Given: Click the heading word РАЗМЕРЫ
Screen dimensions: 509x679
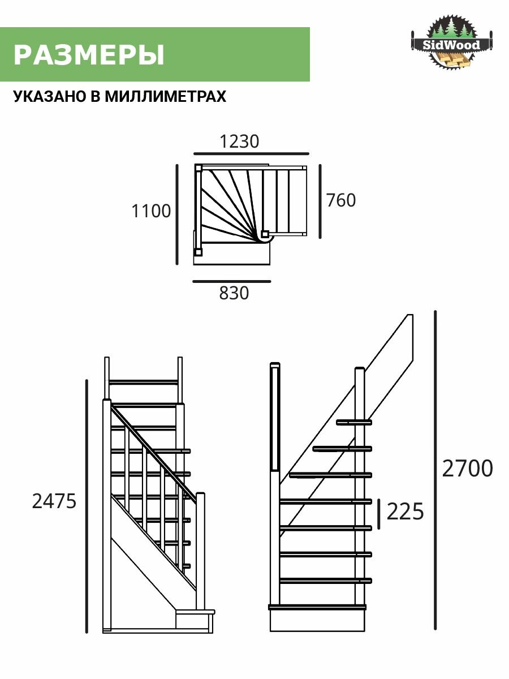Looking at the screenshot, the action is click(x=89, y=55).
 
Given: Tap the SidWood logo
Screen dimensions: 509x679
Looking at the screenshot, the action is click(x=452, y=44).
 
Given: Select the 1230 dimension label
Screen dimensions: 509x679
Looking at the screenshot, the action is click(x=239, y=141).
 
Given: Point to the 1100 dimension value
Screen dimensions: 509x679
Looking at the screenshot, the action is click(x=151, y=211).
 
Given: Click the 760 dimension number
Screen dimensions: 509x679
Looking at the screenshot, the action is click(x=341, y=200).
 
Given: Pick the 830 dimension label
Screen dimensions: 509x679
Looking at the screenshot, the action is click(x=234, y=293).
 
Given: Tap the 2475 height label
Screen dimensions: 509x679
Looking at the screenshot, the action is click(x=54, y=501).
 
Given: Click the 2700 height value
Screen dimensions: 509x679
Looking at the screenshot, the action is click(x=467, y=469).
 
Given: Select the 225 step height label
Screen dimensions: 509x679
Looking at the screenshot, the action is click(x=405, y=512).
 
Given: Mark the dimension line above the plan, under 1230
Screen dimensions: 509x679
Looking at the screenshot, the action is click(x=251, y=153).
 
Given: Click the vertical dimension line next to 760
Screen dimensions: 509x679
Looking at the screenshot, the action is click(x=321, y=201).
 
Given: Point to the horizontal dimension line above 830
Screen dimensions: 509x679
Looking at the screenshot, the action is click(x=231, y=281).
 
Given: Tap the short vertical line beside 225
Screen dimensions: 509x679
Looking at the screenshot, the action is click(x=379, y=514).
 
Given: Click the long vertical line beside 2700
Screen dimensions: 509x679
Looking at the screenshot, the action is click(x=435, y=470).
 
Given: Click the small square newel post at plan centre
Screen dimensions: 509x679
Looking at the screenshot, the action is click(x=264, y=233).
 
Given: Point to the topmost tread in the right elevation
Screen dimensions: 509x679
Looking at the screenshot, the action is click(x=354, y=422).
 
